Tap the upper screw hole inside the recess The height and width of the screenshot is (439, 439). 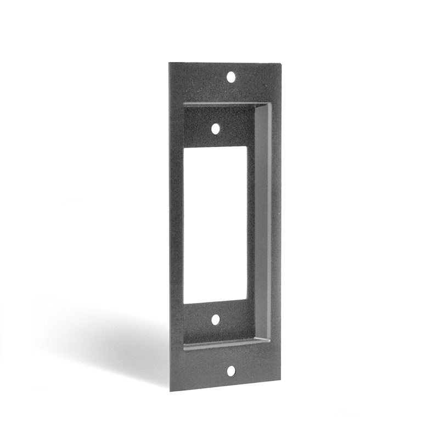click(216, 128)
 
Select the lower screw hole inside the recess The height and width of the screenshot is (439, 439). click(216, 319)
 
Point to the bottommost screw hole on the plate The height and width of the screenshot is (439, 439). click(231, 371)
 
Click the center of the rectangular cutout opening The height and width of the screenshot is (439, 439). click(215, 224)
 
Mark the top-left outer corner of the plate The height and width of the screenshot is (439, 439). click(169, 63)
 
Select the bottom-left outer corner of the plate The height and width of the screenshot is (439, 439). click(170, 391)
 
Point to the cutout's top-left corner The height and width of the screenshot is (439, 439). click(183, 148)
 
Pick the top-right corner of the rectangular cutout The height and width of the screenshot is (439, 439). click(247, 147)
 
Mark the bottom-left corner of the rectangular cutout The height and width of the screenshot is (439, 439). click(183, 303)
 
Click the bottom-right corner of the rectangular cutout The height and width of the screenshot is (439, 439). click(247, 301)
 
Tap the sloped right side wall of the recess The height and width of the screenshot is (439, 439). click(263, 225)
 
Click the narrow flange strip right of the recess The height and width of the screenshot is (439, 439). click(276, 225)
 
